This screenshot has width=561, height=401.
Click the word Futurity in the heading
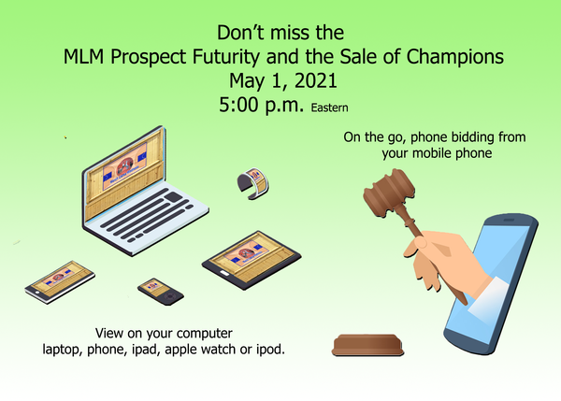coord(225,57)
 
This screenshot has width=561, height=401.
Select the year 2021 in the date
coord(316,80)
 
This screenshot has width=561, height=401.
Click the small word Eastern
coord(329,107)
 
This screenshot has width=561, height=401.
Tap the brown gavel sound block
coord(367,345)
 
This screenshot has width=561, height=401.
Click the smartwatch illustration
coord(253,183)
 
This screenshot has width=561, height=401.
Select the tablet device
coord(252,260)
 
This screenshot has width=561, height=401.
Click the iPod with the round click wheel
coord(161,292)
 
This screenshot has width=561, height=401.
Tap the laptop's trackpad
coord(174,196)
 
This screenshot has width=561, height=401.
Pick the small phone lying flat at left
coord(60,282)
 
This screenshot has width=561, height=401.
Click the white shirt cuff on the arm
coord(489,295)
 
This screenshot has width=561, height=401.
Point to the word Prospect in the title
coord(148,57)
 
